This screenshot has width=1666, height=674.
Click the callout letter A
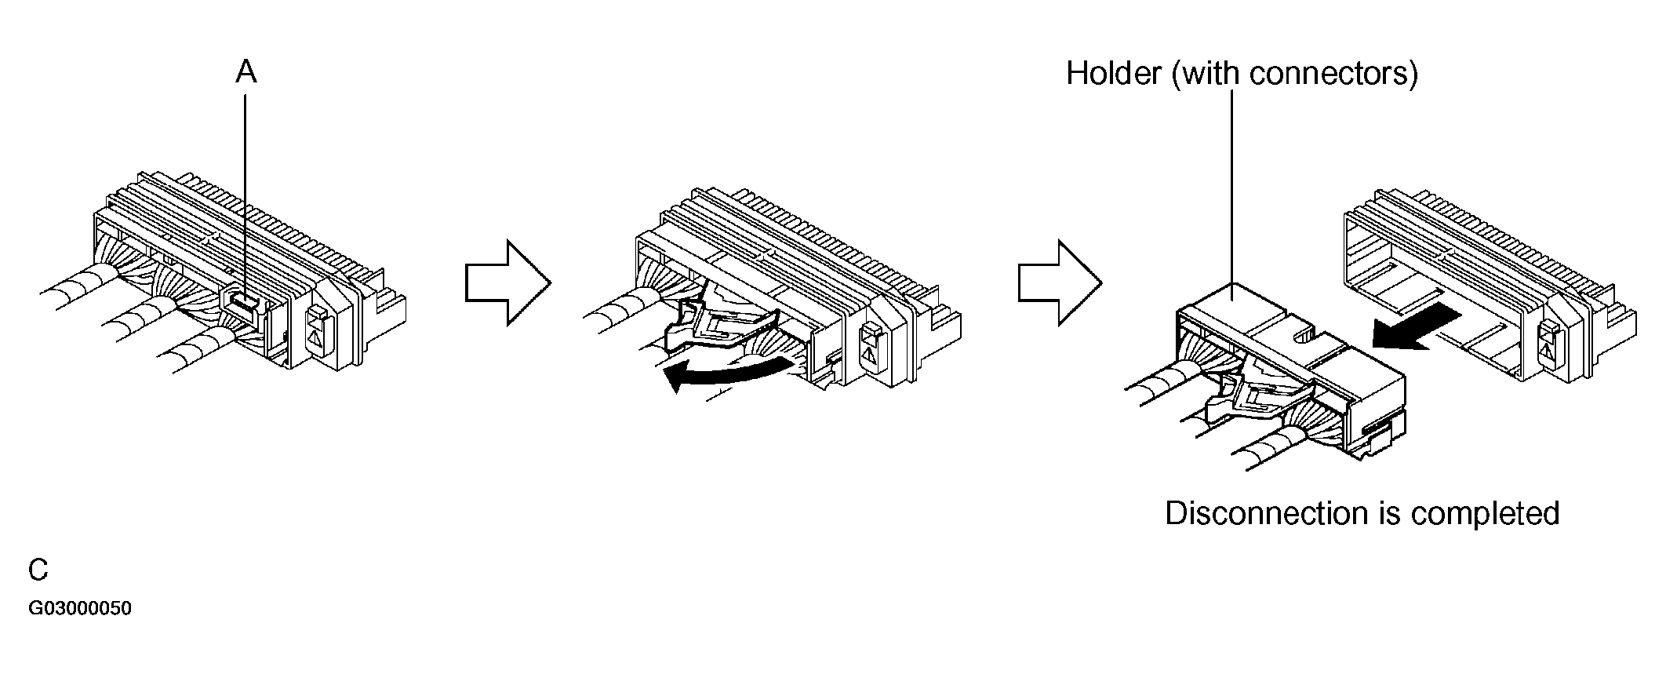(246, 72)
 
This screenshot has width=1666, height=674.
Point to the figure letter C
(38, 570)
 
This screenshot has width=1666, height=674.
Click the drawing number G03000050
(80, 609)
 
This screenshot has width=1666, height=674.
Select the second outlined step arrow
(1060, 282)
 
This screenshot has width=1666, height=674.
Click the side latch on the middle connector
(870, 344)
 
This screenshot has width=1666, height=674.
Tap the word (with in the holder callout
(1207, 74)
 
